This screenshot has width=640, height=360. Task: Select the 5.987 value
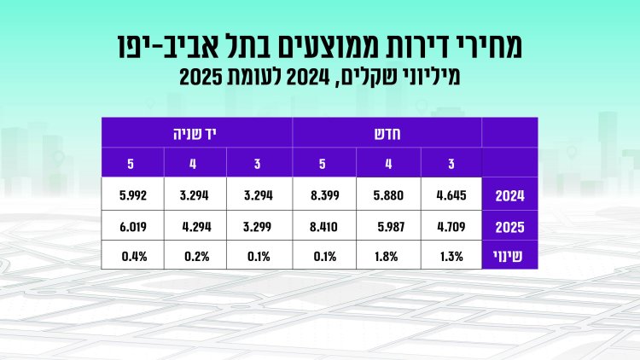click(x=393, y=228)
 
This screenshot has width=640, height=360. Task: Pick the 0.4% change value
click(x=137, y=255)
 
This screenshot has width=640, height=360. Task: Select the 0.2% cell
click(x=201, y=255)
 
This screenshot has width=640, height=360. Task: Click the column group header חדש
click(x=388, y=133)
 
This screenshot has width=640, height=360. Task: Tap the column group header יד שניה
click(x=197, y=133)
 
